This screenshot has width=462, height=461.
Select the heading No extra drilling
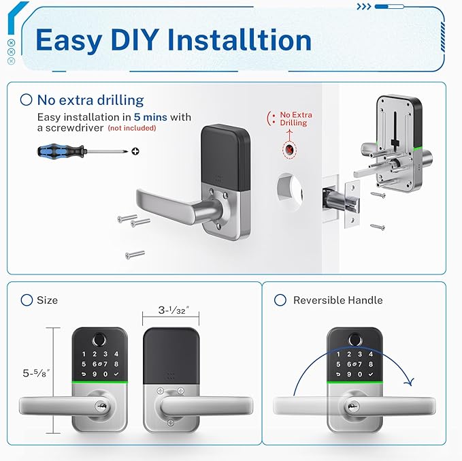[x=90, y=100]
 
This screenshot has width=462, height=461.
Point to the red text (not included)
[x=132, y=128]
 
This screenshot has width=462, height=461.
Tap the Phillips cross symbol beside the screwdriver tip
[x=135, y=150]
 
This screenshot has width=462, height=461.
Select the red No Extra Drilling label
[x=293, y=118]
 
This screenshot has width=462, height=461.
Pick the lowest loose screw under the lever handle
[x=135, y=255]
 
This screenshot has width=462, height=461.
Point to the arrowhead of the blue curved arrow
[x=410, y=383]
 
